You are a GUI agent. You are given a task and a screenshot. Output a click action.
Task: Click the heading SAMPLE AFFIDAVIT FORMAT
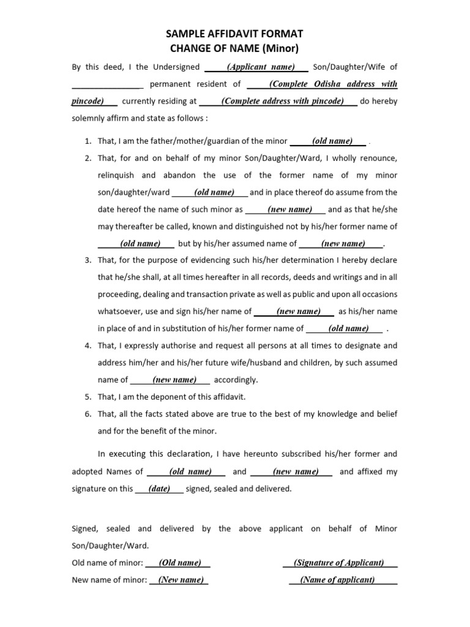(234, 34)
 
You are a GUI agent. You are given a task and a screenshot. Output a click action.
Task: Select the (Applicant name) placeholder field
(261, 67)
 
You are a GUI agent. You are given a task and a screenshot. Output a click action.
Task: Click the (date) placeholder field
(159, 489)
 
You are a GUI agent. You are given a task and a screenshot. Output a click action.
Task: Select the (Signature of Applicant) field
(339, 563)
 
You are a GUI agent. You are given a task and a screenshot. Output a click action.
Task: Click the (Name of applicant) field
(338, 580)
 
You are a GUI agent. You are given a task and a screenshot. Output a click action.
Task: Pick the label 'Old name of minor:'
(108, 563)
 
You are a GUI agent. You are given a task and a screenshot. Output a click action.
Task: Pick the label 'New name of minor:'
(109, 580)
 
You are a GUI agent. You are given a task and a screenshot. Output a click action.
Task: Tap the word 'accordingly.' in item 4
(236, 380)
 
